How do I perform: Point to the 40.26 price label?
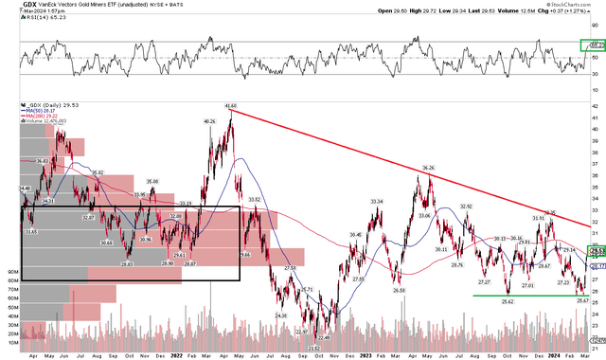pyautogui.click(x=209, y=121)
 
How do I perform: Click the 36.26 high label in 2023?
pyautogui.click(x=428, y=168)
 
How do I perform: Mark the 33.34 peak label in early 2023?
pyautogui.click(x=376, y=202)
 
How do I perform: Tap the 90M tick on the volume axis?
pyautogui.click(x=11, y=270)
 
